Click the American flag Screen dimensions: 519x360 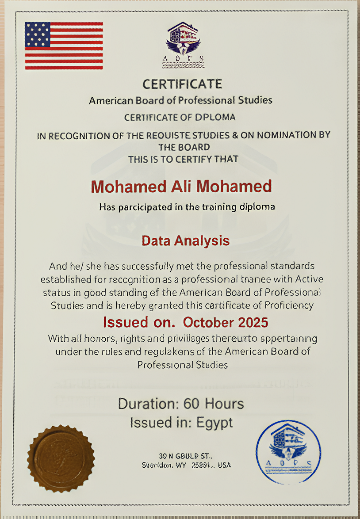64,46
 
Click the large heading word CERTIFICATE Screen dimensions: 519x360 182,84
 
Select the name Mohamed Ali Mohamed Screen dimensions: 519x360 181,187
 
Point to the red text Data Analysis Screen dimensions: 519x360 185,241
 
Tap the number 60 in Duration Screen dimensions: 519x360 193,404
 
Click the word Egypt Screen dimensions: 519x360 214,423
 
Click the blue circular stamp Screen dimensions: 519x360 288,451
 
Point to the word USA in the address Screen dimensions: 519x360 224,465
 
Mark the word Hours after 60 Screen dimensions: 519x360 224,404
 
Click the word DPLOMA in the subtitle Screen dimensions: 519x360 215,118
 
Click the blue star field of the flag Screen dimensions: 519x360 37,34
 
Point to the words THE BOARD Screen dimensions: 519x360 184,147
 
